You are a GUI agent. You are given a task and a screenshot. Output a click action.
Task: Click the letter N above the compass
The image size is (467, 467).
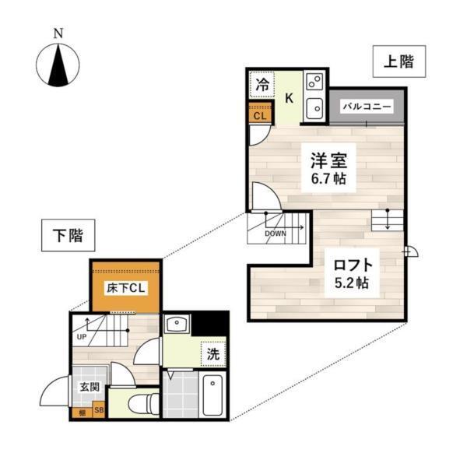point(58,33)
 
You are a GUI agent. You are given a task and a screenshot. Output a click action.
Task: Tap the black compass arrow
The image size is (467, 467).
point(58,65)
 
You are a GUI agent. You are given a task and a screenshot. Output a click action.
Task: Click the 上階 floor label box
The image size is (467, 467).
point(398,62)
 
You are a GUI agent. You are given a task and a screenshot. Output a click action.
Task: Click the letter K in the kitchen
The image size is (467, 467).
point(288,98)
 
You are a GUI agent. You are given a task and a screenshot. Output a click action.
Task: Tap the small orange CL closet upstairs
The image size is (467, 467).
point(260,115)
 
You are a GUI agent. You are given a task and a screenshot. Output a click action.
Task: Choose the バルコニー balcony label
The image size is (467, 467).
point(365,107)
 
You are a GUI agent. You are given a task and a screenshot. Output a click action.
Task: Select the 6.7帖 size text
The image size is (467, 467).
point(328,179)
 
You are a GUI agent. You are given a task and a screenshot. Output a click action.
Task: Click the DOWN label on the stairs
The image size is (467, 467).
point(276,232)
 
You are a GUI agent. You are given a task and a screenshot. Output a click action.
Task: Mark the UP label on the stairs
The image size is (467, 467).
point(82,337)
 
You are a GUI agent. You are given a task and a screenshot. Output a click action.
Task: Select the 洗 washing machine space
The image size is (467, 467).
point(212,353)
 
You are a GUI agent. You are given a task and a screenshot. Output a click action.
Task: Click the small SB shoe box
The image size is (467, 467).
point(99,409)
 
